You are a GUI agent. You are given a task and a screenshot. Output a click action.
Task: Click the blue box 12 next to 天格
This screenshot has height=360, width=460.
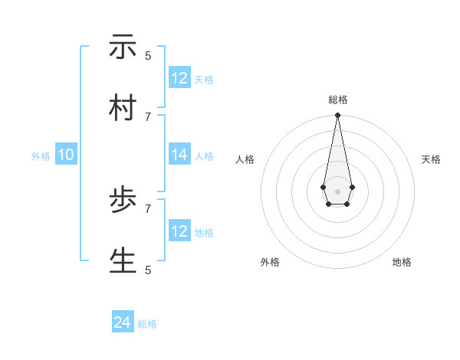179,78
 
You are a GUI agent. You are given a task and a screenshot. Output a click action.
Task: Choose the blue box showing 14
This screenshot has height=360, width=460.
179,155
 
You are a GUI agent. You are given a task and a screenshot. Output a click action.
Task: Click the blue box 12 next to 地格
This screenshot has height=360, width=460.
179,231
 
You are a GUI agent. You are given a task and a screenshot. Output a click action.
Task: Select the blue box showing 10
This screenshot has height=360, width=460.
66,155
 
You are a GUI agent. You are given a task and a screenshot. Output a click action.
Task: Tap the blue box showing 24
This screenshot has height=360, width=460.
123,323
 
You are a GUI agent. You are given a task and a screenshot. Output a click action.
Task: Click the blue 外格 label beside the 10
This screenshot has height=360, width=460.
41,156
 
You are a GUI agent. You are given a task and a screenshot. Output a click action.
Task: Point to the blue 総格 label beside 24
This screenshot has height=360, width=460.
147,325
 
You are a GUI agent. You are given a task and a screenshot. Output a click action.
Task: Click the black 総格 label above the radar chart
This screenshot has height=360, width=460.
337,100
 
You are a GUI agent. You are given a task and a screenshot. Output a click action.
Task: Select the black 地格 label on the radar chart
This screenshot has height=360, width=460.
402,262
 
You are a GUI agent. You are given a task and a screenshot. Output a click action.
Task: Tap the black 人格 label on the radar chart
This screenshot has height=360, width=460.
245,159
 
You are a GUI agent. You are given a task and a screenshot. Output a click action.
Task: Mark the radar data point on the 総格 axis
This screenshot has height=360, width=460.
337,116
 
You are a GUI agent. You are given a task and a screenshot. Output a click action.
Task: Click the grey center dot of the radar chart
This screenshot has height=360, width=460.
337,190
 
